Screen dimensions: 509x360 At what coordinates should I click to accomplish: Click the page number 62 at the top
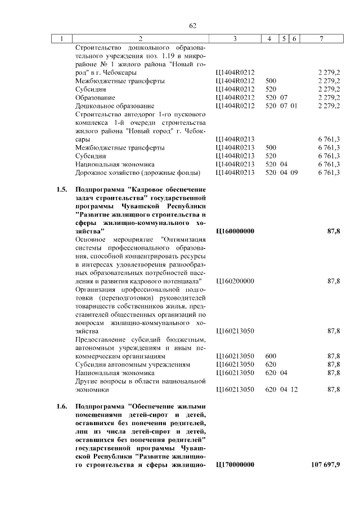coord(192,25)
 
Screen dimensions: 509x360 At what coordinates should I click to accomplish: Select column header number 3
coord(235,38)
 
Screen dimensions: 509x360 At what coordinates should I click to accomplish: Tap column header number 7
coord(321,38)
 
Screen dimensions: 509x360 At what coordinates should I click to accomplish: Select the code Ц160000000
coord(235,231)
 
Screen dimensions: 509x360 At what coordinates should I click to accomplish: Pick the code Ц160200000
coord(235,281)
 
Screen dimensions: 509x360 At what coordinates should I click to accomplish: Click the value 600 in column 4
coord(271,355)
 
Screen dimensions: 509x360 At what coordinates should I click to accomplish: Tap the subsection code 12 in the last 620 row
coord(294,389)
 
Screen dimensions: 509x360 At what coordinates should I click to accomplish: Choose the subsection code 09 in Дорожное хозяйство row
coord(294,172)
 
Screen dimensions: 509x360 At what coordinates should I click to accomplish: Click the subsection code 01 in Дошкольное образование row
coord(294,105)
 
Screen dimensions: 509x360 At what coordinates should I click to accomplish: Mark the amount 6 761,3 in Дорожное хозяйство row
coord(328,172)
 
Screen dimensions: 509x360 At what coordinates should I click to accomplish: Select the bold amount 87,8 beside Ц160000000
coord(334,231)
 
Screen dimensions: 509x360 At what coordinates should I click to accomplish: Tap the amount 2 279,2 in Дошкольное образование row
coord(328,105)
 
